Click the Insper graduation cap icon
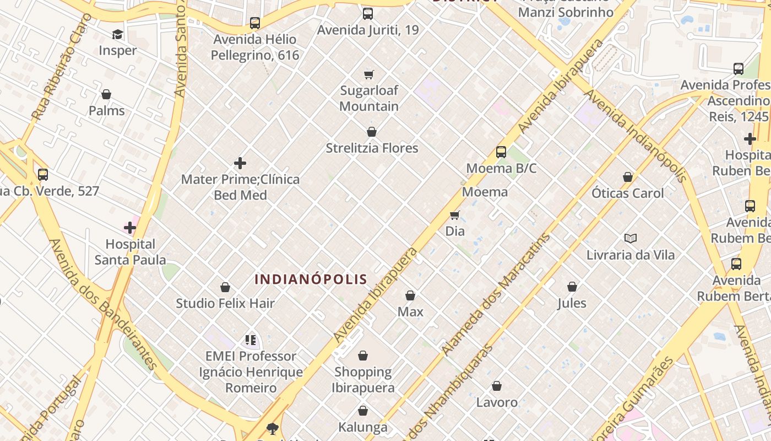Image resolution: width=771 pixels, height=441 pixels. click(x=117, y=35)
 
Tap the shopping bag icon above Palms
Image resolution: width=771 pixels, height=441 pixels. click(x=106, y=95)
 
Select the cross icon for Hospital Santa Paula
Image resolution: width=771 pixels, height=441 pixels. click(x=130, y=228)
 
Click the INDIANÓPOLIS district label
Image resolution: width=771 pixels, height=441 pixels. click(x=311, y=279)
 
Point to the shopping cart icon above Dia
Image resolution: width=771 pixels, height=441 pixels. click(x=454, y=215)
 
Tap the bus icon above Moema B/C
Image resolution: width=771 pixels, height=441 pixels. click(x=501, y=152)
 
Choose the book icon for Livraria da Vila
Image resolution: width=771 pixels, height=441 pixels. click(x=631, y=239)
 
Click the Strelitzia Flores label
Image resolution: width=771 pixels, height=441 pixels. click(x=372, y=148)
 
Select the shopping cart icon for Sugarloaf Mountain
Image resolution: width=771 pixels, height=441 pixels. click(x=369, y=74)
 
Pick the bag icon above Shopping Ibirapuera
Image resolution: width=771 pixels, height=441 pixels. click(x=363, y=356)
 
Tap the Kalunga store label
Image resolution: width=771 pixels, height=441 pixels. click(x=363, y=427)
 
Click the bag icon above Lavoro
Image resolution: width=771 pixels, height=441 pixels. click(x=497, y=386)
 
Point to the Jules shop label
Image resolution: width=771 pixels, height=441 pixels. click(x=572, y=303)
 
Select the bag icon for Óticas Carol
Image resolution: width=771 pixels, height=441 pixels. click(x=628, y=178)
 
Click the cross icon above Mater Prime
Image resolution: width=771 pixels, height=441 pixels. click(x=240, y=163)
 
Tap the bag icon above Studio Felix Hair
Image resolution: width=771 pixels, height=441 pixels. click(x=225, y=287)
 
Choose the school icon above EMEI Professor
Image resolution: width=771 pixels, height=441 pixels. click(x=251, y=340)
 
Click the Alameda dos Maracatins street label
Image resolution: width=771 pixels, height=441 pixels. click(x=496, y=294)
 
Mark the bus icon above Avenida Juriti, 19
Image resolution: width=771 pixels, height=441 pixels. click(x=367, y=14)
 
